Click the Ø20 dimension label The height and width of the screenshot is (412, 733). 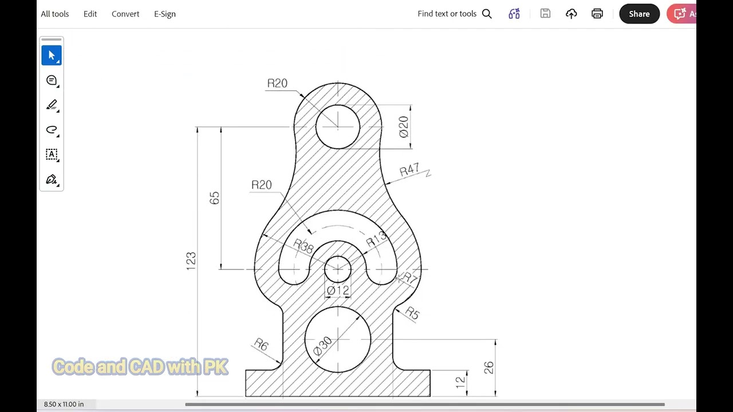(404, 126)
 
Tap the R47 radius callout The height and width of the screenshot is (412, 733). (409, 171)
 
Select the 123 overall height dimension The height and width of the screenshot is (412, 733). (191, 261)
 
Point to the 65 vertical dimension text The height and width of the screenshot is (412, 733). (214, 198)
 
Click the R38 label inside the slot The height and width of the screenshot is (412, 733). (304, 246)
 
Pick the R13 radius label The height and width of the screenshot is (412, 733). (376, 240)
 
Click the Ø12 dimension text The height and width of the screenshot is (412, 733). (338, 291)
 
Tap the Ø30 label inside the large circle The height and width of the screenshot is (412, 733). (322, 345)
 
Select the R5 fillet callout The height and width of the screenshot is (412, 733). (412, 313)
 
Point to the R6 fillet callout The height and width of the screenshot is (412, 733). (261, 344)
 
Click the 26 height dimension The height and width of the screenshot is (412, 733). (488, 367)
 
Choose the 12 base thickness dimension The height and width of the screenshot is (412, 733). (460, 383)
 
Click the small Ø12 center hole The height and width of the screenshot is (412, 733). (338, 269)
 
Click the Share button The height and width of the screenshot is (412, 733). (639, 14)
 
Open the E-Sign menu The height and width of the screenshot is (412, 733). (164, 14)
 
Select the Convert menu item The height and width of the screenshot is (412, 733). (125, 14)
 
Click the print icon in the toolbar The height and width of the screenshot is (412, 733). (597, 14)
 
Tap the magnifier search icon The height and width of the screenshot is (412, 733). (487, 14)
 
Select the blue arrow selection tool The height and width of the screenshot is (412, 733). (52, 56)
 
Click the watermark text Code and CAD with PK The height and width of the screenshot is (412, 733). (140, 367)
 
